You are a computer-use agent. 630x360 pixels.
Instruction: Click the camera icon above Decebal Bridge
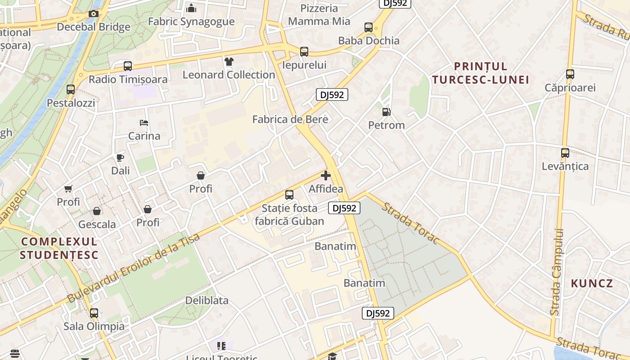point(94,14)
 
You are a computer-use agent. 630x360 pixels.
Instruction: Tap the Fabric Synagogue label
point(191,22)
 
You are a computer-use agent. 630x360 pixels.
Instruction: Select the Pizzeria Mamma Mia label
point(319,15)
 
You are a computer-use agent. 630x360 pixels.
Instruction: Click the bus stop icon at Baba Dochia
point(369,27)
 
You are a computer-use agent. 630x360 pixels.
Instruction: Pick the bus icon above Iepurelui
point(304,52)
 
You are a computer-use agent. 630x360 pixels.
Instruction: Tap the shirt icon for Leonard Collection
point(229,62)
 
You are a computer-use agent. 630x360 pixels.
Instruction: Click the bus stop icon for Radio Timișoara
point(128,66)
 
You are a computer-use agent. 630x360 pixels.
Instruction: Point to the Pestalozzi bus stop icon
point(71,90)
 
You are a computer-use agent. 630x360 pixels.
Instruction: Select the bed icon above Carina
point(144,123)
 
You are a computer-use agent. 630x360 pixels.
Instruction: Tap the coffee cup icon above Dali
point(120,157)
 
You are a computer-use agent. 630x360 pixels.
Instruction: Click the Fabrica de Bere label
point(290,119)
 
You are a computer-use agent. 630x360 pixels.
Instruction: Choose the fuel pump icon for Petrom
point(386,112)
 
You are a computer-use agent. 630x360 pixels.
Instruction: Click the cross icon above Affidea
point(326,175)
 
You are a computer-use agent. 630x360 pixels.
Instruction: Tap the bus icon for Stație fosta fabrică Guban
point(289,195)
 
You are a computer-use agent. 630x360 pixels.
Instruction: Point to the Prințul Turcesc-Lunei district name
point(480,73)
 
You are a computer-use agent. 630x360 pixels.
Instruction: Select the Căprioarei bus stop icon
point(570,74)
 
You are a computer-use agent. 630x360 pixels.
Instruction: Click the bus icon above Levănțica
point(565,153)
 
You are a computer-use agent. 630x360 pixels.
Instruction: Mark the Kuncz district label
point(592,283)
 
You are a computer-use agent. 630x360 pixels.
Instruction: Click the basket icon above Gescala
point(97,211)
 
